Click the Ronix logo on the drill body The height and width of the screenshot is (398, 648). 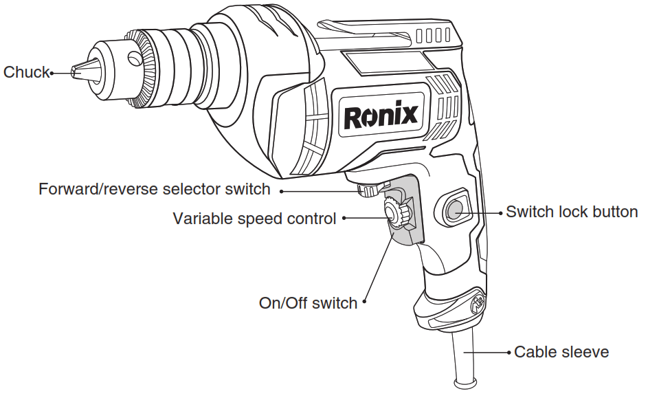click(380, 115)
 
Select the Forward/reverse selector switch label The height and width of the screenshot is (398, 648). click(155, 189)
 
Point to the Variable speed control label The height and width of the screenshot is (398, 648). click(254, 219)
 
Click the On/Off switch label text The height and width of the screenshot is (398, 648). click(308, 303)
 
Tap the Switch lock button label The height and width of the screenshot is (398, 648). click(572, 212)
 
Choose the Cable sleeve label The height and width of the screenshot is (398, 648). click(561, 352)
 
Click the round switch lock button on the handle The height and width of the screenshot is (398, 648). click(454, 210)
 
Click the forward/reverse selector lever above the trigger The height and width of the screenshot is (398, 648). click(368, 191)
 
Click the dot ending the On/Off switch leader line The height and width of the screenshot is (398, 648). click(364, 301)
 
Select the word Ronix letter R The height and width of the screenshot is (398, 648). click(352, 115)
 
